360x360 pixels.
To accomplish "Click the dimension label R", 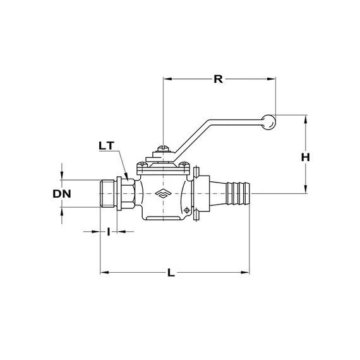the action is [x=218, y=79].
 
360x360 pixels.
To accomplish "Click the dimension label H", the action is [x=305, y=157].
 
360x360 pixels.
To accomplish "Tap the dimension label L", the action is [x=171, y=273].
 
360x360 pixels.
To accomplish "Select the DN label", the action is [x=62, y=194].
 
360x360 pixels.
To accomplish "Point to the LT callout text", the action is [x=107, y=146].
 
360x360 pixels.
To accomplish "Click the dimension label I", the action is [x=109, y=232].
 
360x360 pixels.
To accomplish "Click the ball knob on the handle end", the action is [x=268, y=122].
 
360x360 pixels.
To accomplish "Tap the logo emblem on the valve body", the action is [x=163, y=193].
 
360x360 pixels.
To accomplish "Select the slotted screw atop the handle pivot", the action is [x=163, y=148].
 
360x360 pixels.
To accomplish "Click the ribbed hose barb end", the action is [x=237, y=193].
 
